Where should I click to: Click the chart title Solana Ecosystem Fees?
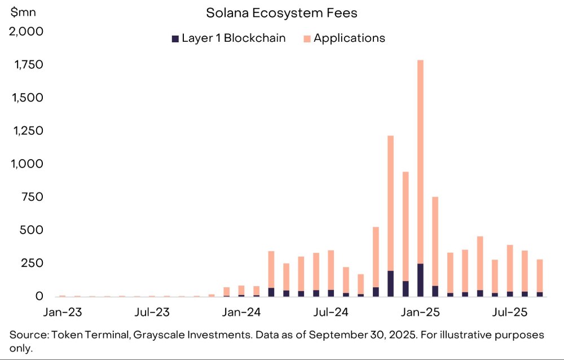click(x=281, y=12)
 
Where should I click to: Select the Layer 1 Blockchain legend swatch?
click(x=175, y=38)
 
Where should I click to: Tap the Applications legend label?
click(x=349, y=38)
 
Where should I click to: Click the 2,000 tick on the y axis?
click(x=26, y=32)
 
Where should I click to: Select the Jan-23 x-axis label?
click(x=62, y=311)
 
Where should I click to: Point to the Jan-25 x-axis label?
click(x=420, y=311)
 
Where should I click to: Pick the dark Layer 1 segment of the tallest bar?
click(x=420, y=280)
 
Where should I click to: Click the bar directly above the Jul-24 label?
click(x=331, y=271)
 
